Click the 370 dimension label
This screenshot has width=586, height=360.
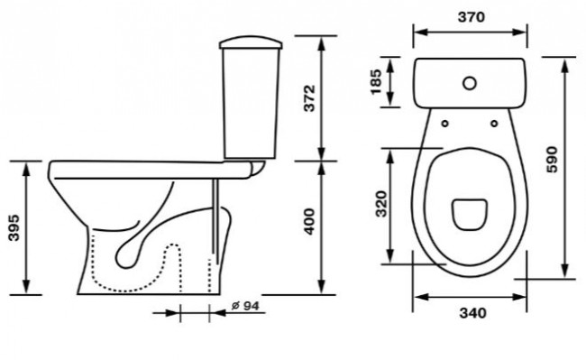[x=471, y=17]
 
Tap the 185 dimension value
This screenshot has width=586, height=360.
[x=376, y=82]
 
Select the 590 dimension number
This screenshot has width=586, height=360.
[x=552, y=160]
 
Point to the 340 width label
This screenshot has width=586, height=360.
[x=472, y=312]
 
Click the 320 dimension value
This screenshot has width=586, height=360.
[x=381, y=204]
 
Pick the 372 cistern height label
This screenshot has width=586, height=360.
[x=309, y=98]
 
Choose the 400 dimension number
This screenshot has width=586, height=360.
[x=309, y=222]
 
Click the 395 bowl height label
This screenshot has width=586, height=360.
[x=14, y=227]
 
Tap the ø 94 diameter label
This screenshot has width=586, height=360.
[x=245, y=306]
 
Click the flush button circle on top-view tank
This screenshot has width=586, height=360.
[x=470, y=83]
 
